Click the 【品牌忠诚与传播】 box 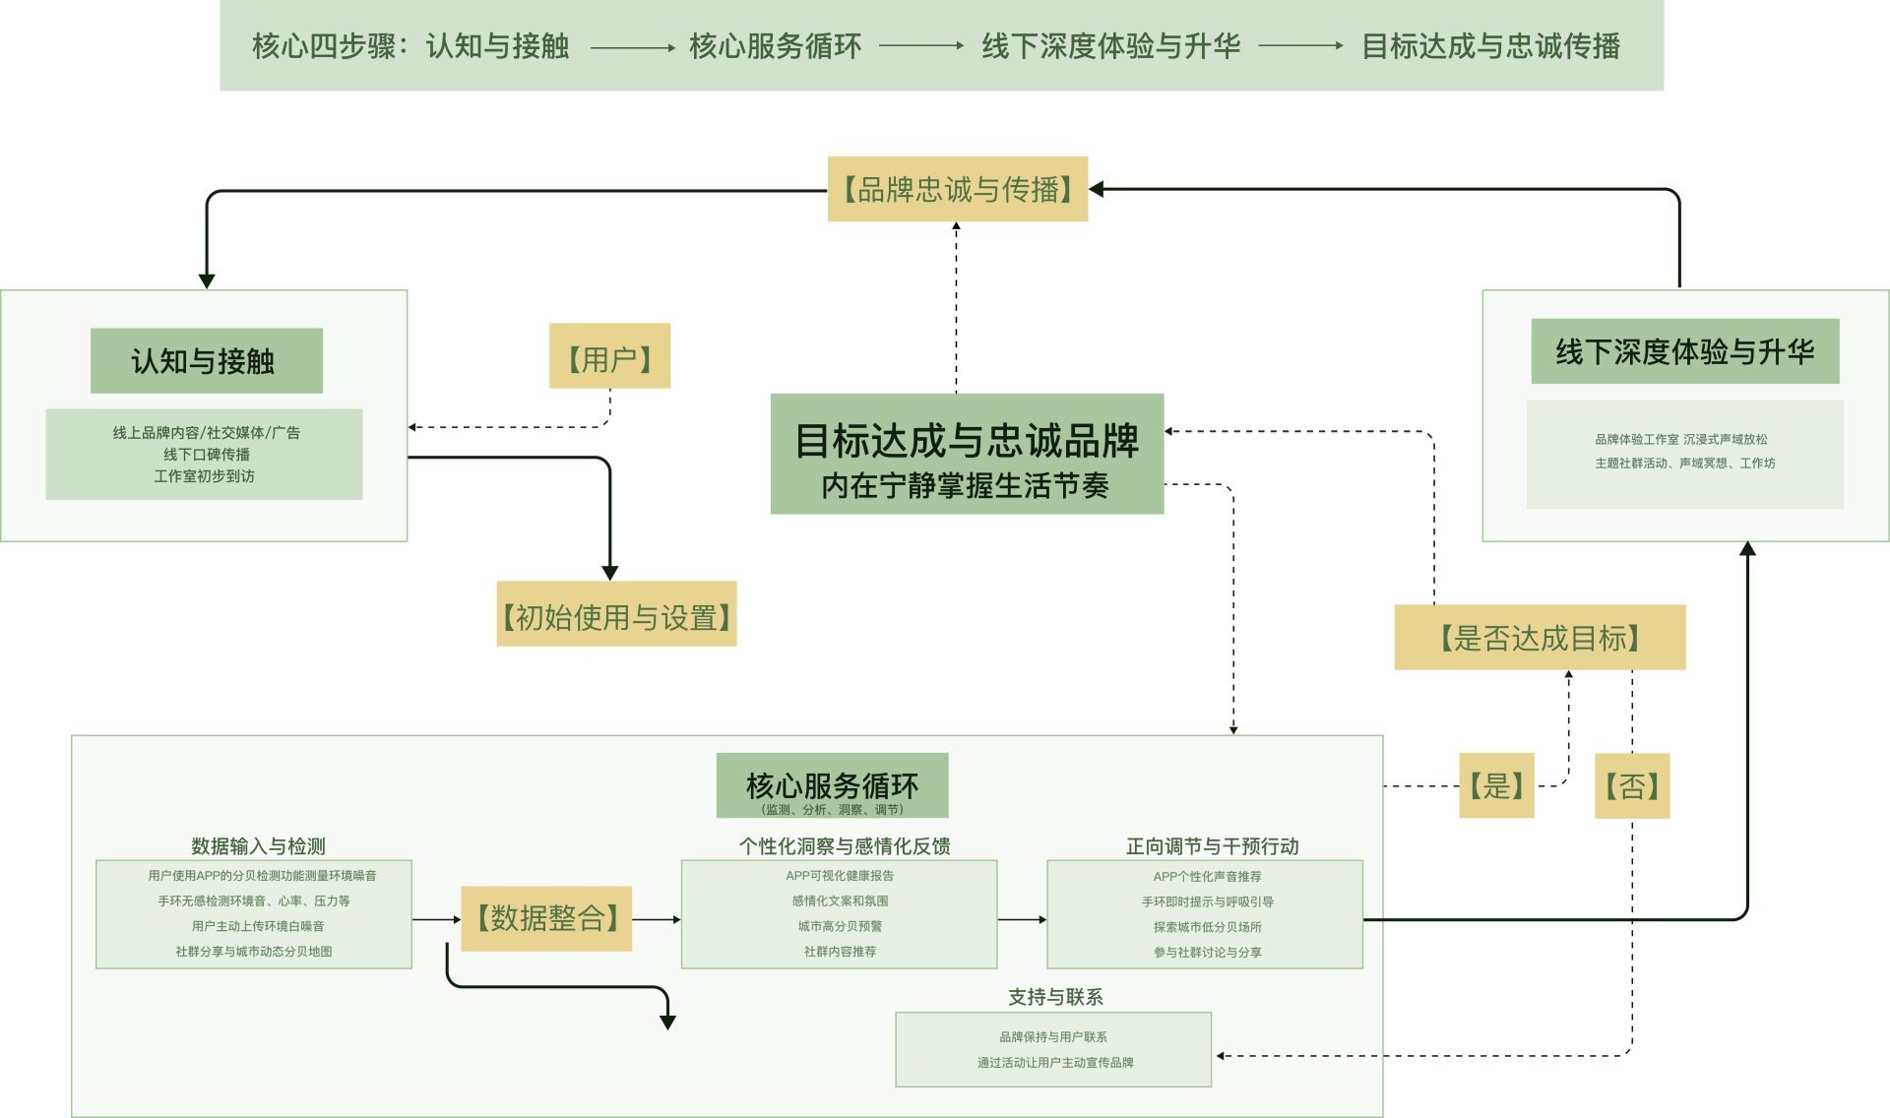957,189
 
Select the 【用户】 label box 609,356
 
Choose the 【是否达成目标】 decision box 1540,638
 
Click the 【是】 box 1496,785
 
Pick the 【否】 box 1632,785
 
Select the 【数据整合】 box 546,918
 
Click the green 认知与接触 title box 206,361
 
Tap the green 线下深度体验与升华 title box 1684,351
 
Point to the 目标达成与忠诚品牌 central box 967,454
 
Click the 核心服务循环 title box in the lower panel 832,785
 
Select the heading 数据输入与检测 258,846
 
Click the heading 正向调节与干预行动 1212,846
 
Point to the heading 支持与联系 1055,997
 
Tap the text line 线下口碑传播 207,454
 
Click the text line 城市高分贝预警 840,926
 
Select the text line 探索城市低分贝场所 1207,927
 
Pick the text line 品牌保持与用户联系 1053,1037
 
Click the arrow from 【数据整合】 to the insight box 656,919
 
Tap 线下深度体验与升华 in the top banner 1110,46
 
